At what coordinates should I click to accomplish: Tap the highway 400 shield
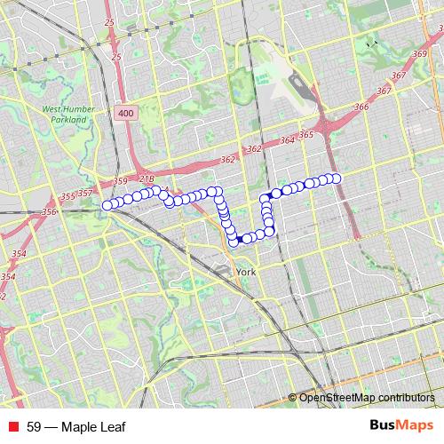pyautogui.click(x=124, y=113)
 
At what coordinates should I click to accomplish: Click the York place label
pyautogui.click(x=247, y=273)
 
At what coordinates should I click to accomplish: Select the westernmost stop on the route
pyautogui.click(x=107, y=205)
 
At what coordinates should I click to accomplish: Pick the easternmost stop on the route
pyautogui.click(x=336, y=178)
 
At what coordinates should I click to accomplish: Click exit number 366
pyautogui.click(x=361, y=107)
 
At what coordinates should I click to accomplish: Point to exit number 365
pyautogui.click(x=306, y=135)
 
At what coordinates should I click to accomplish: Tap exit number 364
pyautogui.click(x=287, y=140)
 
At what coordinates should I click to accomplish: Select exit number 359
pyautogui.click(x=121, y=182)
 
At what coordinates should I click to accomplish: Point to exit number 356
pyautogui.click(x=49, y=211)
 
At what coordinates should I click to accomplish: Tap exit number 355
pyautogui.click(x=67, y=196)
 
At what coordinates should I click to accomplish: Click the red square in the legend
pyautogui.click(x=12, y=427)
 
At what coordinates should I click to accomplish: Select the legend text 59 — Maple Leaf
pyautogui.click(x=76, y=427)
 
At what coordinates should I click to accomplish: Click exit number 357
pyautogui.click(x=85, y=193)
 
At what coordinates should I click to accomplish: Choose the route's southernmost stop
pyautogui.click(x=234, y=242)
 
